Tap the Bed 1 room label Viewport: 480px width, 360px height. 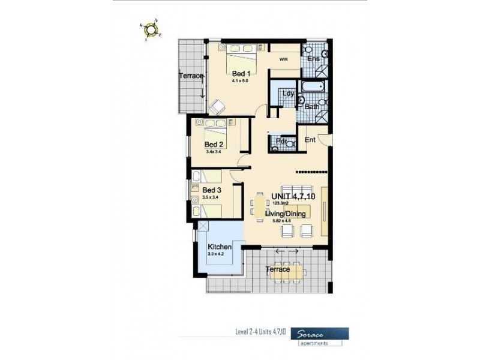point(241,73)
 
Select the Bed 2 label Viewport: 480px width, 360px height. point(214,145)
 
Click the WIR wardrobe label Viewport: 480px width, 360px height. point(284,59)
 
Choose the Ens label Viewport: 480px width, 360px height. point(313,59)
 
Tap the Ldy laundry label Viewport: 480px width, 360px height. point(289,93)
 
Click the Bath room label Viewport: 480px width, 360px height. point(311,107)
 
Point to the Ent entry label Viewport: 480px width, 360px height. point(310,140)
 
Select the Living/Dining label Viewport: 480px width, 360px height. point(286,214)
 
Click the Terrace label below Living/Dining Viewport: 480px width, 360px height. point(278,269)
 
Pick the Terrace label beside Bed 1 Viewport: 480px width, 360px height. point(191,76)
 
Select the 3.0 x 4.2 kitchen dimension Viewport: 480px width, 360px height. point(215,254)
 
